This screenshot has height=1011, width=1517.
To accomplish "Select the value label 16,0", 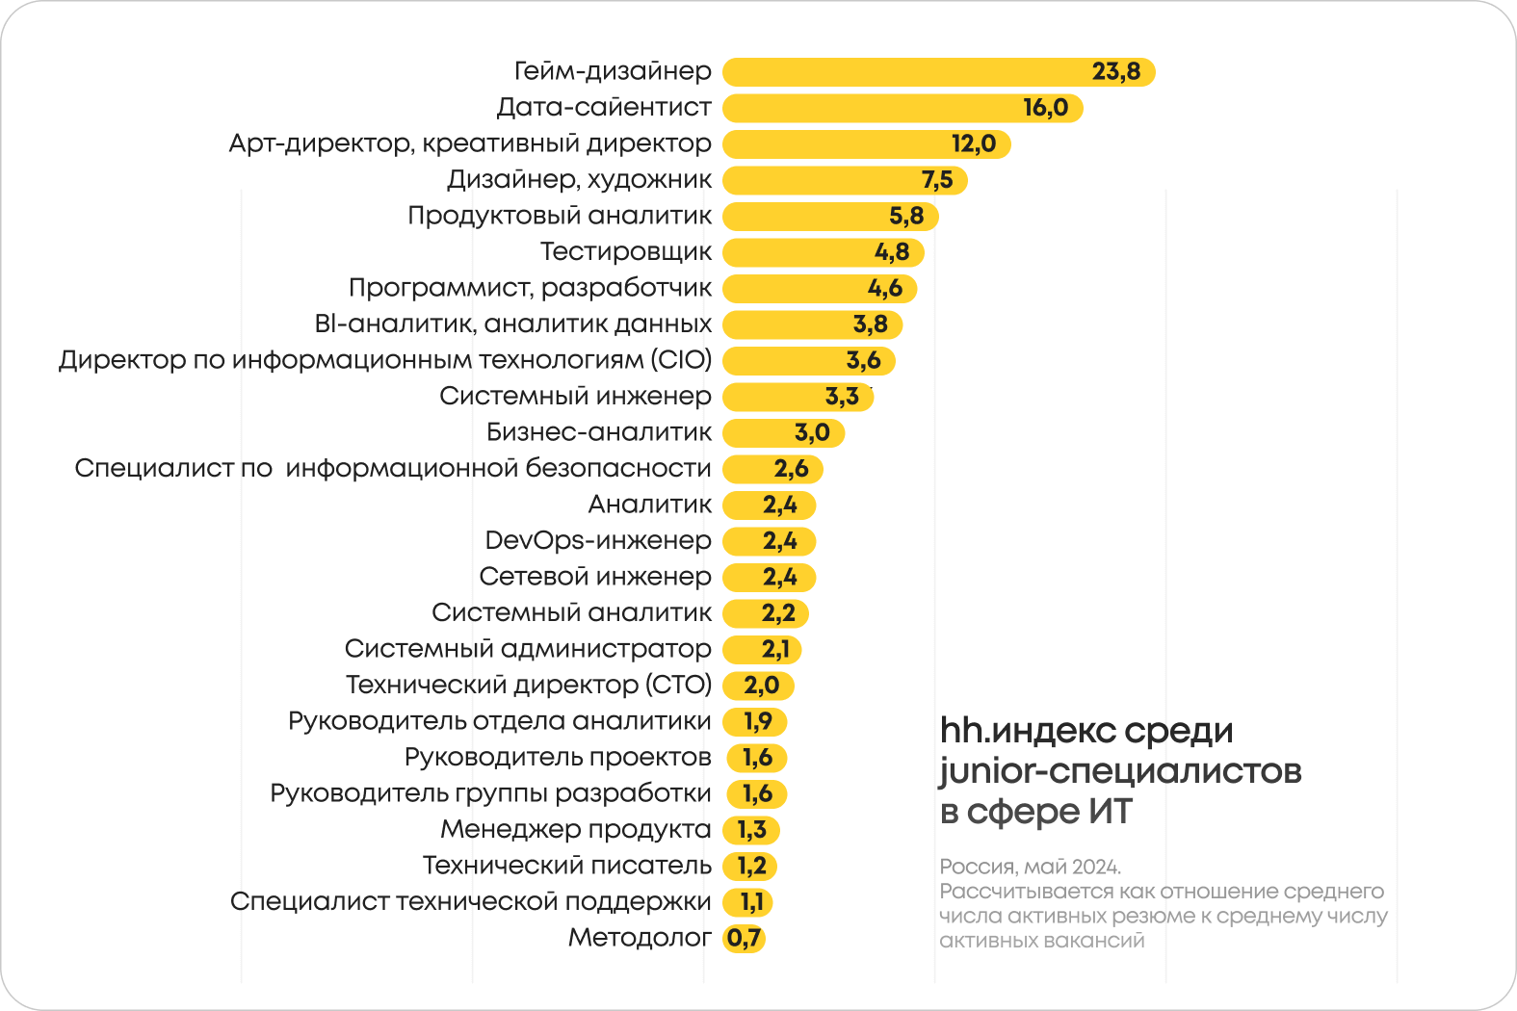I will pyautogui.click(x=1045, y=108).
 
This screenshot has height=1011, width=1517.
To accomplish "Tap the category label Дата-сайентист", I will pyautogui.click(x=604, y=107).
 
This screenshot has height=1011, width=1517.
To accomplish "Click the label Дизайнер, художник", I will pyautogui.click(x=579, y=179).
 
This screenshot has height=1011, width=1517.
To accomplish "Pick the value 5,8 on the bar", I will pyautogui.click(x=905, y=216).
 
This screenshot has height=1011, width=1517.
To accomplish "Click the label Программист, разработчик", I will pyautogui.click(x=530, y=288).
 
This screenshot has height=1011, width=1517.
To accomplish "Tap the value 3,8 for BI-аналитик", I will pyautogui.click(x=870, y=324).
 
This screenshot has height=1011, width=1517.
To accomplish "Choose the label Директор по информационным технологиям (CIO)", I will pyautogui.click(x=385, y=360).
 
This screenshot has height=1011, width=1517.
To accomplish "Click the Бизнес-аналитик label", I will pyautogui.click(x=598, y=432).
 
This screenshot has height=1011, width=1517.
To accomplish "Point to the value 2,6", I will pyautogui.click(x=791, y=469).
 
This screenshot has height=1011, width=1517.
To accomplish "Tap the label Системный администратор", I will pyautogui.click(x=528, y=649).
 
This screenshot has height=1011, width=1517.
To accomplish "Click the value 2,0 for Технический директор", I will pyautogui.click(x=761, y=686).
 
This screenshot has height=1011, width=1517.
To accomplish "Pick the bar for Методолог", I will pyautogui.click(x=744, y=938).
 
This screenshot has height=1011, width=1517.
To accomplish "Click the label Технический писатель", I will pyautogui.click(x=566, y=866).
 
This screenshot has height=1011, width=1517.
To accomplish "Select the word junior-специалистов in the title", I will pyautogui.click(x=1120, y=771).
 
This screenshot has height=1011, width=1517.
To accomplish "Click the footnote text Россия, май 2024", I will pyautogui.click(x=1030, y=867).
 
